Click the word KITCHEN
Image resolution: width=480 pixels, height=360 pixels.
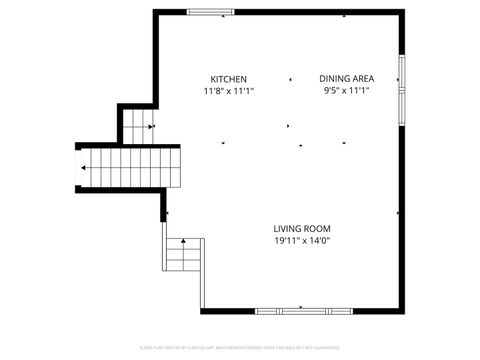coord(228,79)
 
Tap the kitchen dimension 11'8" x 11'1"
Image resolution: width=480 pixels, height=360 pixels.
coord(228,91)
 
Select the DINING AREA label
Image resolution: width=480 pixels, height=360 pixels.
coord(346,79)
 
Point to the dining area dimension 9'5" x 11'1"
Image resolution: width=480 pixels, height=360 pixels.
coord(346,91)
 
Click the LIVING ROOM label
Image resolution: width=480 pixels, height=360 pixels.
coord(301,229)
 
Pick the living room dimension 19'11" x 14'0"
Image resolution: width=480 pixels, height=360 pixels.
coord(301,241)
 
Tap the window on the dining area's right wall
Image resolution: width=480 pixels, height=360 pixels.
coord(400,85)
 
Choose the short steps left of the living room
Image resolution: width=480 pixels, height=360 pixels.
coord(183,259)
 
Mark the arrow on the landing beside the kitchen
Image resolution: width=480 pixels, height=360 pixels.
coord(151,126)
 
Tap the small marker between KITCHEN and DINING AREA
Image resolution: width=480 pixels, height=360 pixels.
coord(291,79)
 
